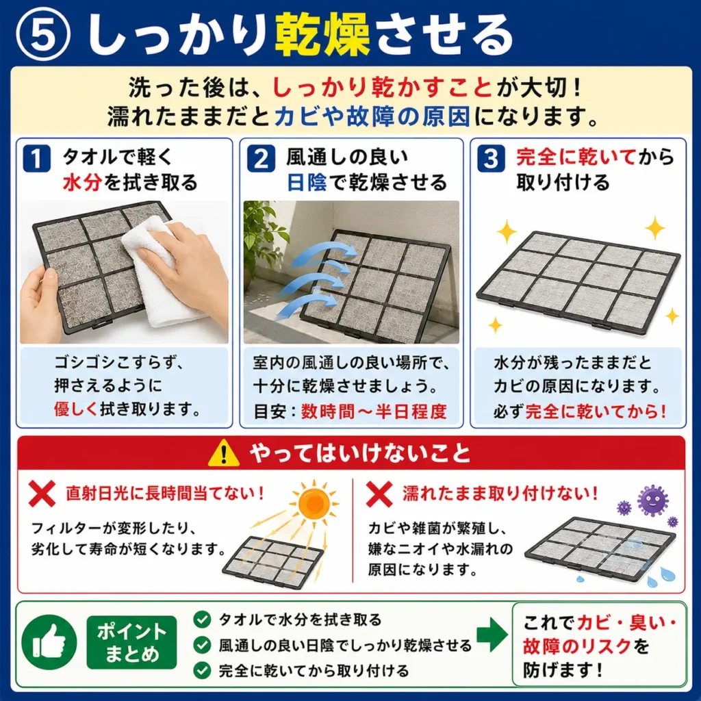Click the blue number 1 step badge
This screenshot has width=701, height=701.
(36, 158)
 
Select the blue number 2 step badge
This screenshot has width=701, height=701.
(261, 158)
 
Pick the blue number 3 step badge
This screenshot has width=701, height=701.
(491, 158)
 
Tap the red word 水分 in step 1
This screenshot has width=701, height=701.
(82, 182)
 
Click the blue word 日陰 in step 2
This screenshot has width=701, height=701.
(307, 182)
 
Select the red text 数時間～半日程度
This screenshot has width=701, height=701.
(374, 411)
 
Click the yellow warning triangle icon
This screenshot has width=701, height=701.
(224, 453)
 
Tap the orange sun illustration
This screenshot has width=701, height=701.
(314, 504)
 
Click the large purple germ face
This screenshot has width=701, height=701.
(652, 500)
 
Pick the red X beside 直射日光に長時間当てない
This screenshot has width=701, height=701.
(42, 494)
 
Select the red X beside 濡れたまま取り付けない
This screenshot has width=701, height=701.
(379, 494)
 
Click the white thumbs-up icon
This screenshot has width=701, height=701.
(49, 642)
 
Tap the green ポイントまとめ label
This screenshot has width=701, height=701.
(132, 642)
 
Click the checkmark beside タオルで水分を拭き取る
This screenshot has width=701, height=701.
(202, 620)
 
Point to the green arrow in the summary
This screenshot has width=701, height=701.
(492, 635)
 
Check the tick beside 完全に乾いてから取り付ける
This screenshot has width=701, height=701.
(202, 670)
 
